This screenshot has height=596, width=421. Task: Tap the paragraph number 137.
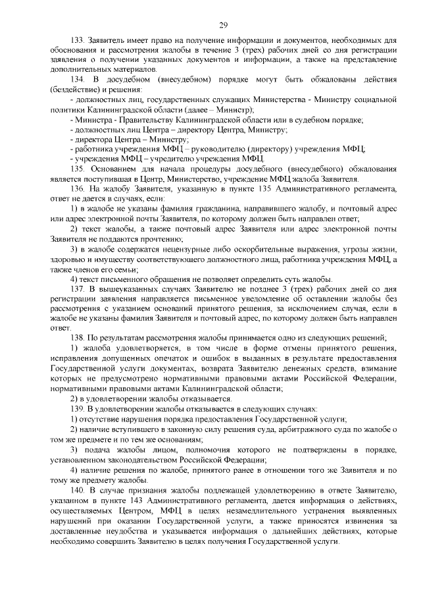(78, 288)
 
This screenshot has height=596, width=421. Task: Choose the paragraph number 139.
(78, 408)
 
